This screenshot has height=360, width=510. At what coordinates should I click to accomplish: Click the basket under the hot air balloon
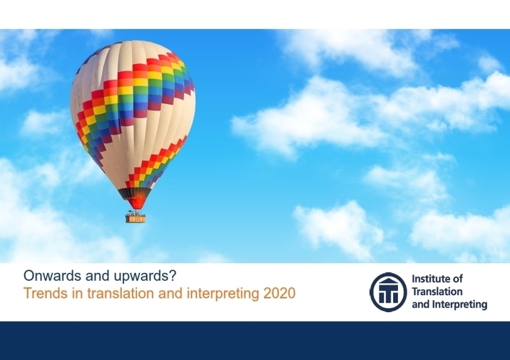136,219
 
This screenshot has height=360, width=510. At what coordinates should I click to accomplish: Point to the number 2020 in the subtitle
280,293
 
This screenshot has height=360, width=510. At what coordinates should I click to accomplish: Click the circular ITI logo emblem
388,292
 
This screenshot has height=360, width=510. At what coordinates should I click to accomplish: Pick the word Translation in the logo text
437,292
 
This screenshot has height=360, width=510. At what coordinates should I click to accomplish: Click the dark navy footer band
255,341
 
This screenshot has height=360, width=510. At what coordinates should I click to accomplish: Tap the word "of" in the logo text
458,279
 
